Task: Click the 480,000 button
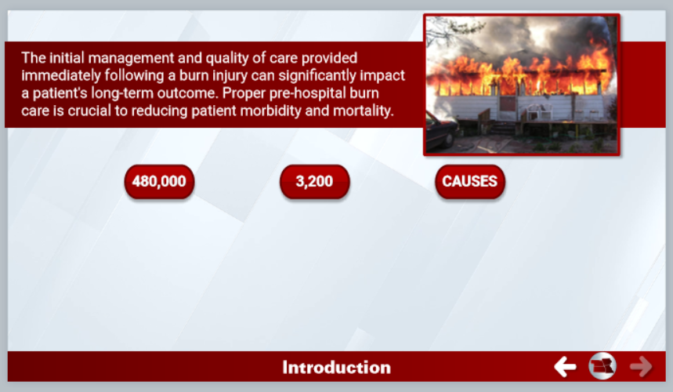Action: (159, 182)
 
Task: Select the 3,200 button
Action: (315, 182)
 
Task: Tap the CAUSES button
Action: (470, 182)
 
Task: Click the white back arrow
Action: (565, 367)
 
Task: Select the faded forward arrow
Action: (641, 367)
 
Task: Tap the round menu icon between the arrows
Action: (602, 366)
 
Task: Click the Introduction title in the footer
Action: (337, 368)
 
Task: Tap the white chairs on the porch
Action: (540, 111)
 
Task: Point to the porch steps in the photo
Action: (503, 128)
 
